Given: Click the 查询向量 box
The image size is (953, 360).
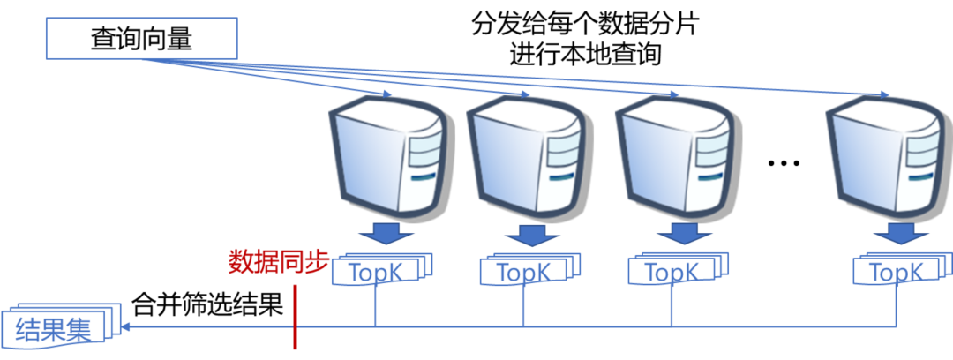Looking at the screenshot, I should tap(142, 40).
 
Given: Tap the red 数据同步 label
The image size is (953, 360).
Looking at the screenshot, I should tap(279, 262).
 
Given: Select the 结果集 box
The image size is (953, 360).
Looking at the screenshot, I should tap(55, 328).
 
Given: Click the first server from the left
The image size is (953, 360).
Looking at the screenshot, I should tap(386, 154).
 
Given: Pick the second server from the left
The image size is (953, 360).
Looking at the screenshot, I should tap(526, 154).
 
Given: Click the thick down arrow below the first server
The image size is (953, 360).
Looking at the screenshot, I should tap(386, 234).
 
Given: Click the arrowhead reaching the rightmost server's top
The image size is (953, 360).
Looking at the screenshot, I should tap(882, 94).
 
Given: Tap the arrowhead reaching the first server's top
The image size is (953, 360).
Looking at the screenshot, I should tap(386, 94).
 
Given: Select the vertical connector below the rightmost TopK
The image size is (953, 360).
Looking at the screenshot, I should tap(897, 305).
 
